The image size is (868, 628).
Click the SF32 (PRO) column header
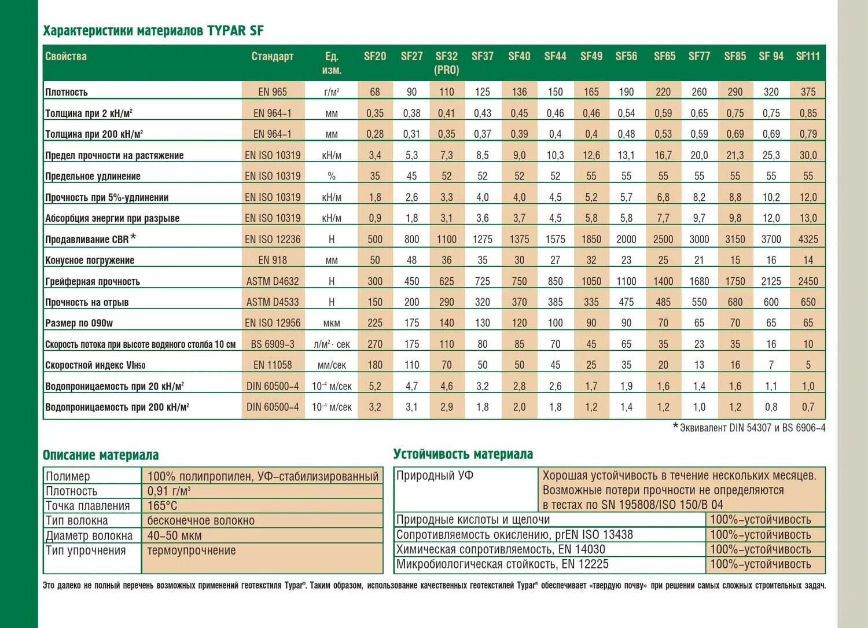[x=446, y=63]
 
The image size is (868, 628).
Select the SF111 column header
[x=808, y=56]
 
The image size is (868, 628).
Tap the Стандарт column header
[x=273, y=56]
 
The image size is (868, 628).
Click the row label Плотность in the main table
[x=67, y=92]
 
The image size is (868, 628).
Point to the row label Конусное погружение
[x=90, y=260]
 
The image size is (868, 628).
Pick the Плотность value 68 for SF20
[x=375, y=91]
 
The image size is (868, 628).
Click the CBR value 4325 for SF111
[x=808, y=239]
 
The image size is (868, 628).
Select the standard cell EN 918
[x=273, y=260]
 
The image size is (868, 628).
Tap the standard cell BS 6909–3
[x=273, y=344]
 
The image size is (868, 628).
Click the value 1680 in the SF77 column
[x=699, y=281]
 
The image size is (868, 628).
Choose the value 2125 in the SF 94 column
[x=771, y=281]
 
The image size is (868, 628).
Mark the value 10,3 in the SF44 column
[x=555, y=155]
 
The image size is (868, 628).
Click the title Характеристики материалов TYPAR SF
[x=153, y=31]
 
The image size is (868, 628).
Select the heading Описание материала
[x=101, y=455]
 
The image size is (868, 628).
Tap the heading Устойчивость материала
[x=463, y=454]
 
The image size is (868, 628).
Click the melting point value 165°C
[x=163, y=506]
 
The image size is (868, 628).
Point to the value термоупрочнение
[x=192, y=550]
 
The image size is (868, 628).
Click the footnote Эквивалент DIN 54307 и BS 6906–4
[x=753, y=428]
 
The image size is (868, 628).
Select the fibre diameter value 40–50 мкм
[x=175, y=535]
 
